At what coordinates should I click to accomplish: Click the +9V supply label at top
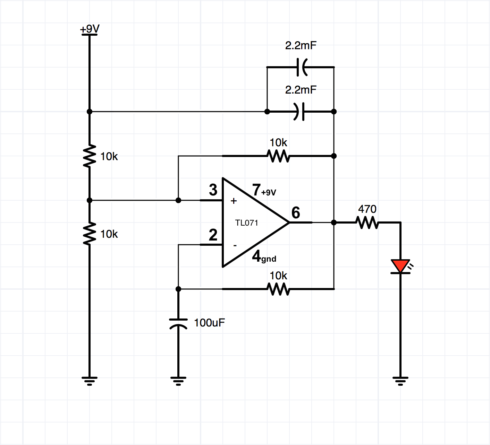pyautogui.click(x=90, y=29)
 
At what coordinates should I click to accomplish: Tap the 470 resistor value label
pyautogui.click(x=367, y=209)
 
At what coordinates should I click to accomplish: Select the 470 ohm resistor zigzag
pyautogui.click(x=367, y=222)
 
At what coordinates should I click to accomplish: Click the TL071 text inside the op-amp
pyautogui.click(x=247, y=223)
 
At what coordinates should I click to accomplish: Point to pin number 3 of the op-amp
pyautogui.click(x=213, y=190)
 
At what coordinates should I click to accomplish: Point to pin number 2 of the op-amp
pyautogui.click(x=213, y=235)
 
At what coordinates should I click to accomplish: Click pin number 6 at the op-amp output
pyautogui.click(x=296, y=213)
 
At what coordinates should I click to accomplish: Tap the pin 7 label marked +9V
pyautogui.click(x=264, y=191)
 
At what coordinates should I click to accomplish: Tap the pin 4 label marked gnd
pyautogui.click(x=264, y=257)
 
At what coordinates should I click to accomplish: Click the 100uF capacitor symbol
pyautogui.click(x=178, y=323)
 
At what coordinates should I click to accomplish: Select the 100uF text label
pyautogui.click(x=209, y=323)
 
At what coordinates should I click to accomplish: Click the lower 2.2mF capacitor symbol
pyautogui.click(x=300, y=112)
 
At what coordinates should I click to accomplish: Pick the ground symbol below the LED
pyautogui.click(x=400, y=381)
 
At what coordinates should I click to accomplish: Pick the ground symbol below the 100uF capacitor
pyautogui.click(x=178, y=381)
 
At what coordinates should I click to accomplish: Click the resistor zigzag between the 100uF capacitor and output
pyautogui.click(x=278, y=289)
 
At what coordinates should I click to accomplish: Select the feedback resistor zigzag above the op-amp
pyautogui.click(x=278, y=156)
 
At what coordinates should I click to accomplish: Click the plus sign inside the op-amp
pyautogui.click(x=234, y=201)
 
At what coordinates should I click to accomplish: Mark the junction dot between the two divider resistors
pyautogui.click(x=90, y=200)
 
